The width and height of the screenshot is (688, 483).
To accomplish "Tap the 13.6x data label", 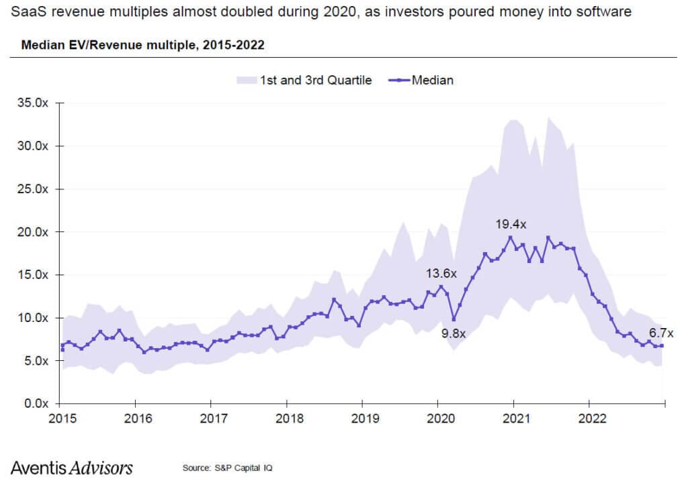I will click(x=441, y=273).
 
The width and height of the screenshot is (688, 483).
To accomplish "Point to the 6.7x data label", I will click(x=661, y=333).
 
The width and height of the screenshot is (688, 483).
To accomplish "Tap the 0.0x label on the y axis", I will click(x=32, y=404).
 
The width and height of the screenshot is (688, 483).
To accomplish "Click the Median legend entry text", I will click(x=432, y=80).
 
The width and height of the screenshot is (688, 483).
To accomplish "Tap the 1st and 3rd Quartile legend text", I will click(x=316, y=80).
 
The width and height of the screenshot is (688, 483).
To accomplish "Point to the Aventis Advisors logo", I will click(x=72, y=468).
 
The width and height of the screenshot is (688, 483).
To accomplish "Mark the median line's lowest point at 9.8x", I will click(x=454, y=319).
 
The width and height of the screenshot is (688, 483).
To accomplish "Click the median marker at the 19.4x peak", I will click(x=511, y=237).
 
